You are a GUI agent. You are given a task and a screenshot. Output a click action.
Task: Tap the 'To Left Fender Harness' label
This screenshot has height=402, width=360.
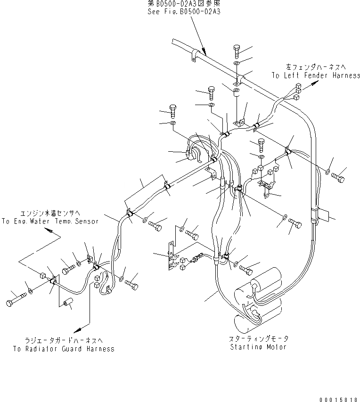coord(315,75)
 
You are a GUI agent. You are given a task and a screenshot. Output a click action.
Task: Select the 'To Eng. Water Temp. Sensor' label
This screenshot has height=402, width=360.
coord(50,221)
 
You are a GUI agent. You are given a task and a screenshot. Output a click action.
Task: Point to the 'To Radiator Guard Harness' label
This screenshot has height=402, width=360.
coord(64,349)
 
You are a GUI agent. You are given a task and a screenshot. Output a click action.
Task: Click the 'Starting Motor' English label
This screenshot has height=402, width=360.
coord(258,347)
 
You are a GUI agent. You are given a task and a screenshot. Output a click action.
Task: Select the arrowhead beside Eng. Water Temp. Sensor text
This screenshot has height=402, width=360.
coord(48,231)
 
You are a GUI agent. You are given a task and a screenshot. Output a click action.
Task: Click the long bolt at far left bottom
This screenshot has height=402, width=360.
coord(14,298)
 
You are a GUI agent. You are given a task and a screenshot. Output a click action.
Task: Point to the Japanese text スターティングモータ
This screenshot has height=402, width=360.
coord(258,339)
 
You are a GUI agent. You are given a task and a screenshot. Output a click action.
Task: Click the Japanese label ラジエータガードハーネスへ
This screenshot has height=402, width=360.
coord(64,340)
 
